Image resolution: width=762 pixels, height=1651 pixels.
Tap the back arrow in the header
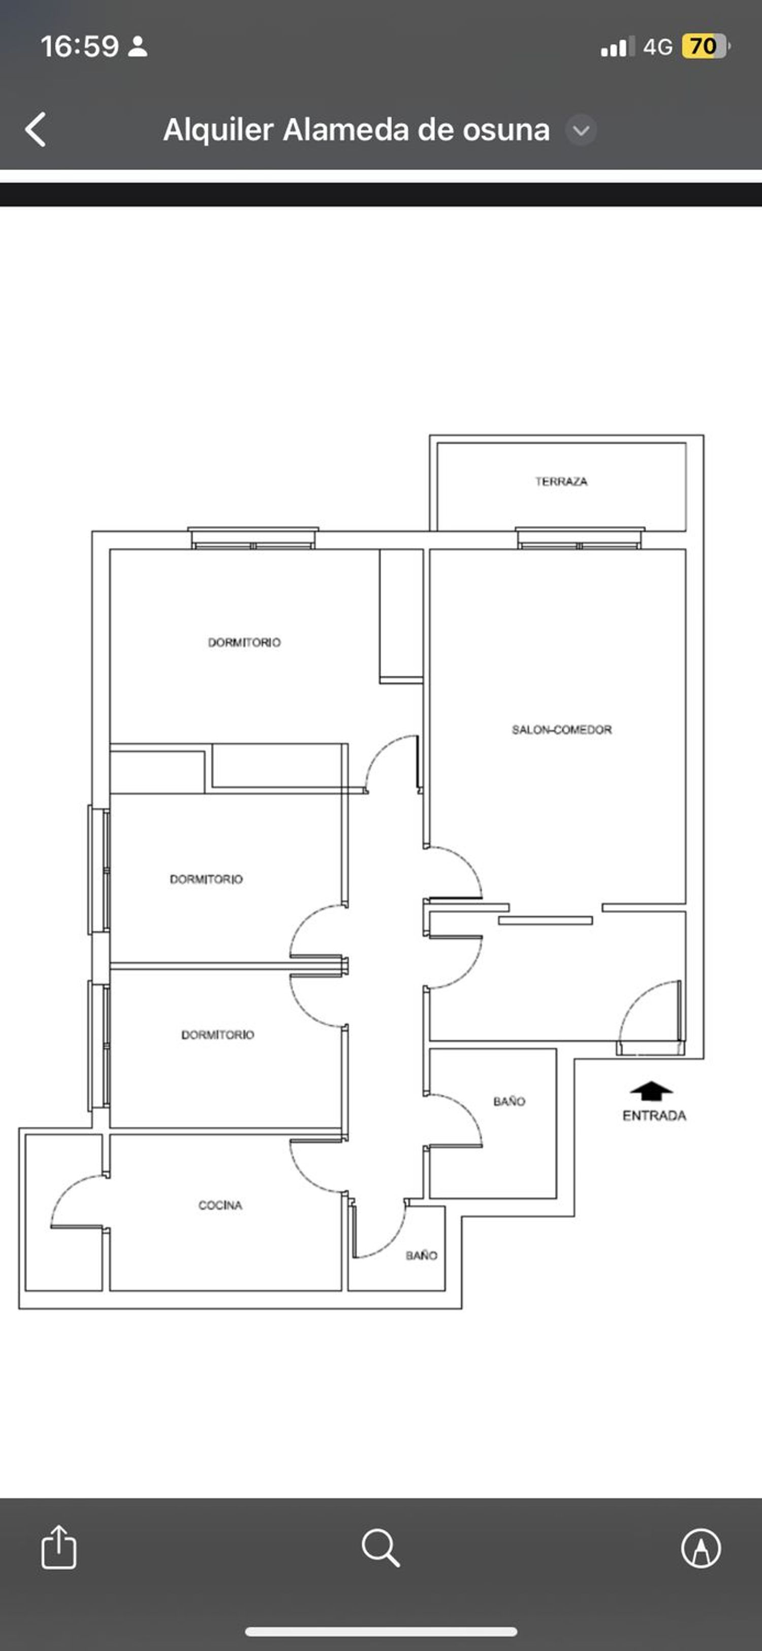36,130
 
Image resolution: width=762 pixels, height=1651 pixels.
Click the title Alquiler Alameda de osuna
357,130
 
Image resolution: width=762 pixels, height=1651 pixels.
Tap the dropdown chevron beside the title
581,130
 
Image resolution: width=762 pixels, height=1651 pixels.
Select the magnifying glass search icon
381,1548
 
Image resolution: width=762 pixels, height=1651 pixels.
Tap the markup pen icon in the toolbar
701,1548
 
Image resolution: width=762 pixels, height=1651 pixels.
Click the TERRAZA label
561,482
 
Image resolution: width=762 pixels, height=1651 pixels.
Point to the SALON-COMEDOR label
561,729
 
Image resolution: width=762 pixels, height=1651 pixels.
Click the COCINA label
220,1206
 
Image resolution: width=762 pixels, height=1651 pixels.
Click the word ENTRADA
654,1116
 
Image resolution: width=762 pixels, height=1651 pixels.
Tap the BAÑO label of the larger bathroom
509,1101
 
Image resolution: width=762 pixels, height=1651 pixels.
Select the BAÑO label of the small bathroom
421,1255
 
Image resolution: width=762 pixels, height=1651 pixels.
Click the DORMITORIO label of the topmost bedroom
244,642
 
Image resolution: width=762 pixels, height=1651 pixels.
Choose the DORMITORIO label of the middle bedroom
206,879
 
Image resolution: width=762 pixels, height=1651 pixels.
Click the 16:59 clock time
79,46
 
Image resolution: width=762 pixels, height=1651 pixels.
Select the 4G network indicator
658,47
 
